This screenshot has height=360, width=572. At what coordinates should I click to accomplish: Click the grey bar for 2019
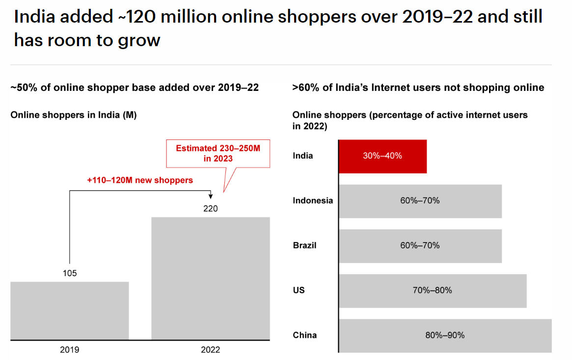(69, 310)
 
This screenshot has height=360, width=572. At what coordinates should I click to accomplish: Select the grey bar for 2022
(210, 278)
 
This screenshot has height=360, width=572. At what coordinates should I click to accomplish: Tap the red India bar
(382, 156)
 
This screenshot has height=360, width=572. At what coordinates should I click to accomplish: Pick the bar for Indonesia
(420, 201)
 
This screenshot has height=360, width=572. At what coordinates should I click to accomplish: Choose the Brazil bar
(420, 246)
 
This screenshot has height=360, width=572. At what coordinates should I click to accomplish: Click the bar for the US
(432, 291)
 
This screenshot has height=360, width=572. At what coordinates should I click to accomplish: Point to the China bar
(445, 335)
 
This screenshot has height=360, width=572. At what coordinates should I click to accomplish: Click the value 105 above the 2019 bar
(70, 274)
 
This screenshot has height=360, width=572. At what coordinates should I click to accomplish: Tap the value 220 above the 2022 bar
(210, 209)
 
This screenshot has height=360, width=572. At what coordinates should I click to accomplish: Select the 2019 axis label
(69, 350)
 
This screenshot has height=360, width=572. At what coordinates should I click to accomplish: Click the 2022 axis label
(210, 350)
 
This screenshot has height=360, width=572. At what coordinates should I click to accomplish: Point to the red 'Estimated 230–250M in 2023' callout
(218, 153)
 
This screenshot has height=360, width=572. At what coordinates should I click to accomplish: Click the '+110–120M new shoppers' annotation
(140, 180)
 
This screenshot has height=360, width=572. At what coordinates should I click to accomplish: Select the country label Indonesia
(313, 200)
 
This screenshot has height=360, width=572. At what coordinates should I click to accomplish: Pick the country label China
(304, 335)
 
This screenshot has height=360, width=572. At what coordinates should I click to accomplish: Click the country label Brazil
(304, 245)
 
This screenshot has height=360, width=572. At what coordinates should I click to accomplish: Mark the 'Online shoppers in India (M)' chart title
(74, 115)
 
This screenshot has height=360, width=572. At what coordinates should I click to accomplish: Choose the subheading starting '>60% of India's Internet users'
(418, 88)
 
